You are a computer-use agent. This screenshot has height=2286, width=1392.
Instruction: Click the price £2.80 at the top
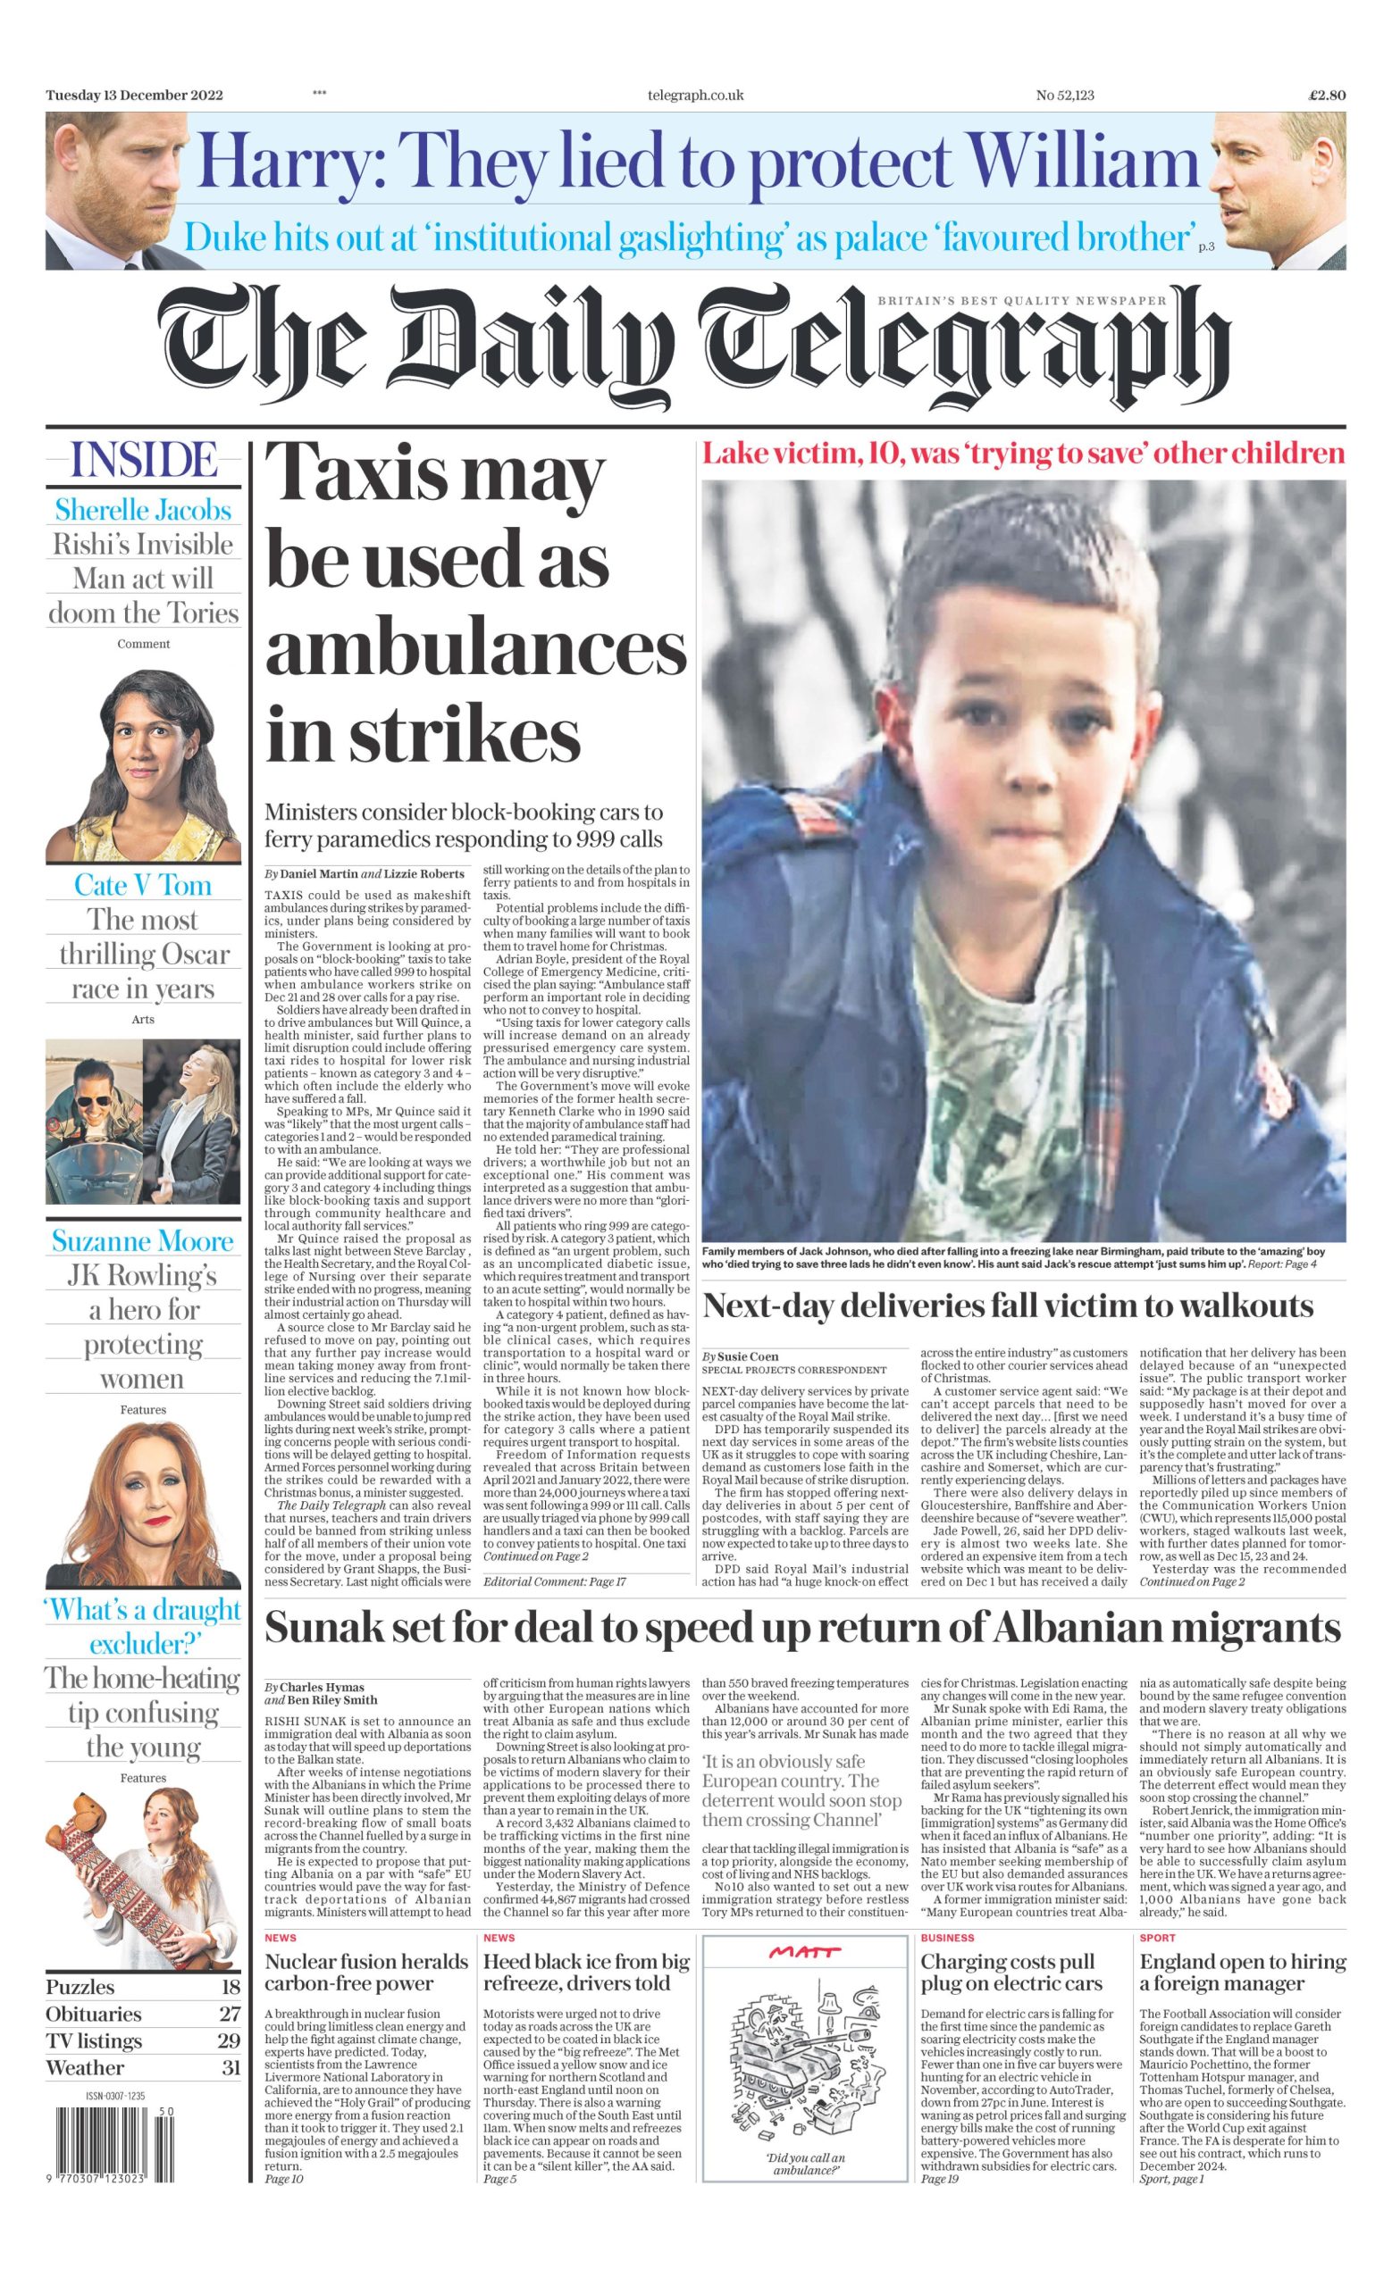[x=1326, y=95]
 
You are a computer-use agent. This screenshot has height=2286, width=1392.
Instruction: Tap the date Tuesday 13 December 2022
[x=134, y=95]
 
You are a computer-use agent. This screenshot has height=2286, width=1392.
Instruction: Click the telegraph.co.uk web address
[x=695, y=95]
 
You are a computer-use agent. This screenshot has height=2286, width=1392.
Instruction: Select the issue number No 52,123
[x=1064, y=95]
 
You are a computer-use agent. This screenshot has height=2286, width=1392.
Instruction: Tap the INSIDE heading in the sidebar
[x=144, y=460]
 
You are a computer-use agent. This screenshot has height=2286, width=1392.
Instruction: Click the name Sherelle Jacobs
[x=143, y=509]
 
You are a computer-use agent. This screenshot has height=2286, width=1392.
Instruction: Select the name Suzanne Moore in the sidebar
[x=143, y=1240]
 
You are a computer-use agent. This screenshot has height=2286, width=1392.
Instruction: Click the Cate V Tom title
[x=143, y=884]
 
